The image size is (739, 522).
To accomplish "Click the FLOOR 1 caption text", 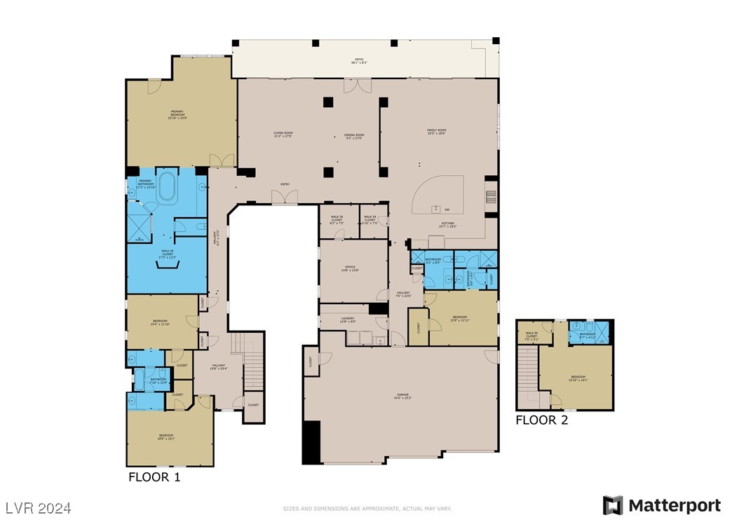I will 154,477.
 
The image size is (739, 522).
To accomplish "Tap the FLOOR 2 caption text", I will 541,420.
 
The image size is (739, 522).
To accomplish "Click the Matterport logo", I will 662,505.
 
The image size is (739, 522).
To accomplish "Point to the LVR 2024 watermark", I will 38,507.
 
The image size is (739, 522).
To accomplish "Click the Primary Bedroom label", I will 177,115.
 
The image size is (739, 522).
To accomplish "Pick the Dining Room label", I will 354,136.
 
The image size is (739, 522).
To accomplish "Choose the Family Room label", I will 437,131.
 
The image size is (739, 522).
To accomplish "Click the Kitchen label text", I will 447,225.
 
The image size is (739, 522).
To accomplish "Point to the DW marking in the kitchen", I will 447,210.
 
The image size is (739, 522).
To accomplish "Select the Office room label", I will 350,268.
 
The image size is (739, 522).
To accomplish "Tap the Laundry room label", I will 347,320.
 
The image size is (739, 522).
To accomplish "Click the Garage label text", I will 402,397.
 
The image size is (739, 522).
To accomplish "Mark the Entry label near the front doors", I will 285,184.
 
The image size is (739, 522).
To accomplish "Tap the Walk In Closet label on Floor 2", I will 531,335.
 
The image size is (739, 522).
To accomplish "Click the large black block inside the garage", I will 311,442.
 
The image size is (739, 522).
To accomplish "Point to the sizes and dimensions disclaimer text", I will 367,509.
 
